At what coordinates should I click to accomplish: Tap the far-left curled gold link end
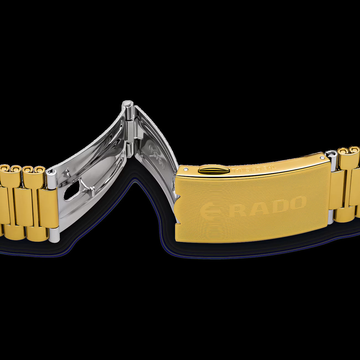5,169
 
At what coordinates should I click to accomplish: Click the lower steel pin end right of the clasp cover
330,217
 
